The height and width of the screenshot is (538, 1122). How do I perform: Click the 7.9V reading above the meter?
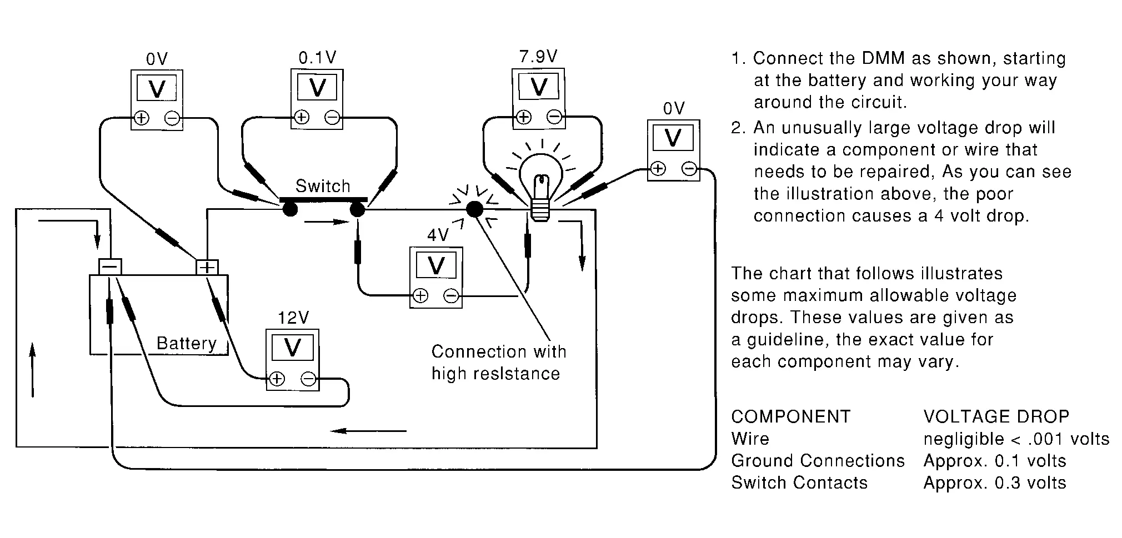click(x=538, y=57)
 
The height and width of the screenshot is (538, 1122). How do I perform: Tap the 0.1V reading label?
click(x=317, y=58)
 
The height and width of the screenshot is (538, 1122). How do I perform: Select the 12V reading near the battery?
click(x=293, y=318)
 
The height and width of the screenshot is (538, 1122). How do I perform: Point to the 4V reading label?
click(x=438, y=235)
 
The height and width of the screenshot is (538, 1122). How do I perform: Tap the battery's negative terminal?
click(x=110, y=267)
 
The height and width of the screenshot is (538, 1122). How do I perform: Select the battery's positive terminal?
click(x=207, y=267)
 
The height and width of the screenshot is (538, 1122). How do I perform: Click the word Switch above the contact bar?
click(x=323, y=186)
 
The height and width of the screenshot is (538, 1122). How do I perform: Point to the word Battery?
click(x=186, y=343)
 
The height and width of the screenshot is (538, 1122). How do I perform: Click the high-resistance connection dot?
click(x=474, y=209)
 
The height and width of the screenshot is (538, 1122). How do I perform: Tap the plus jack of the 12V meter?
click(x=277, y=379)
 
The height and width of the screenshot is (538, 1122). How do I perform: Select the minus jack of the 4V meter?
click(x=452, y=296)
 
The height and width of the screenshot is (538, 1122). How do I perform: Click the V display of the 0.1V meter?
click(x=317, y=88)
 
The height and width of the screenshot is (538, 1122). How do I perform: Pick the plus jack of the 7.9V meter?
click(x=523, y=117)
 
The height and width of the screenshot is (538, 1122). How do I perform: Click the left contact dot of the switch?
click(x=290, y=209)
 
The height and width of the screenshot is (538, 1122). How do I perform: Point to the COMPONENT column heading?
click(x=790, y=416)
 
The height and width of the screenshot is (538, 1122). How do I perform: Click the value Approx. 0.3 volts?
click(x=994, y=483)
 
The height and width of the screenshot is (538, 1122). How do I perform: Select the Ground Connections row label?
click(x=818, y=461)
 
